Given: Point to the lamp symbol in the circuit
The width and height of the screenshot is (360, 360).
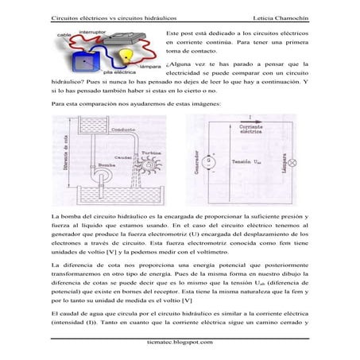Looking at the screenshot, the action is (289, 163).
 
